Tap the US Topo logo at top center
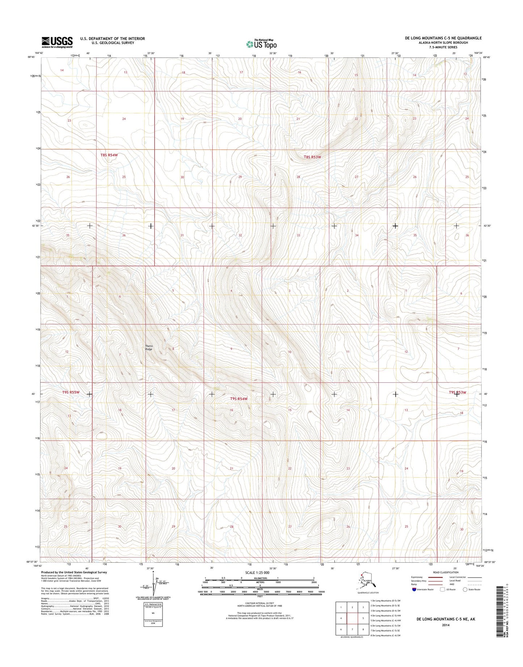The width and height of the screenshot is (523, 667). click(x=261, y=44)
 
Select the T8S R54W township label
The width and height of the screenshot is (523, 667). click(x=109, y=155)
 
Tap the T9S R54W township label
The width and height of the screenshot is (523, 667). click(x=239, y=399)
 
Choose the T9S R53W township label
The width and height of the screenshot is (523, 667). click(x=457, y=393)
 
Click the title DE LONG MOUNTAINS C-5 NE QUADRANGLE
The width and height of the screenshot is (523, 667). click(x=438, y=38)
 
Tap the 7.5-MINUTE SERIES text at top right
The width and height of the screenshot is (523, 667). click(x=443, y=47)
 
